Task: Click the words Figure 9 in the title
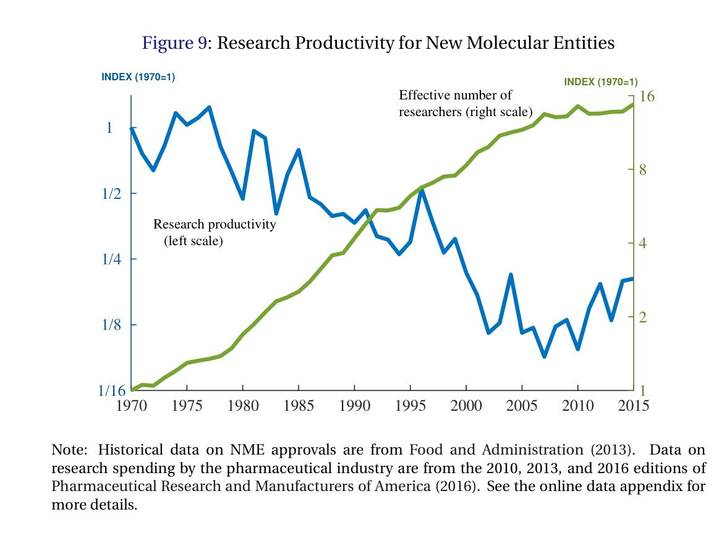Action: click(174, 43)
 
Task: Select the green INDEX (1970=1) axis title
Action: click(601, 82)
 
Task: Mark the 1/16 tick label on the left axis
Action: click(112, 391)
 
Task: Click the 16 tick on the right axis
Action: click(647, 96)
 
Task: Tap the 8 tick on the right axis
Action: click(642, 170)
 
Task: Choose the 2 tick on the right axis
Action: click(642, 317)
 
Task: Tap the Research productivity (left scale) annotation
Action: click(215, 232)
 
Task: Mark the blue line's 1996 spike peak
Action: click(421, 191)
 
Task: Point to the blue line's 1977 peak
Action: click(210, 107)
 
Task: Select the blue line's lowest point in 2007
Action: click(544, 356)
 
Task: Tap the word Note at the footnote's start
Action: click(67, 450)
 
